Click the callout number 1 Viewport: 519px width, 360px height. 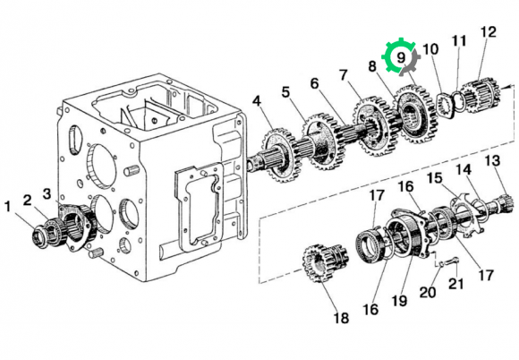click(x=8, y=209)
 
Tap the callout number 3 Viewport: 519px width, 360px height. click(x=47, y=194)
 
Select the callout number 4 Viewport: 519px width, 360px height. click(x=257, y=102)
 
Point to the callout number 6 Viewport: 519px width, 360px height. click(x=314, y=83)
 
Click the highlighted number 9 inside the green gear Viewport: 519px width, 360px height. click(x=401, y=57)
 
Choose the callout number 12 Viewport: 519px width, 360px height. click(x=489, y=32)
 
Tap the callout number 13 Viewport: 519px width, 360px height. click(x=492, y=160)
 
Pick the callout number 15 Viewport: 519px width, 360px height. click(x=434, y=178)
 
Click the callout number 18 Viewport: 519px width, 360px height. click(x=341, y=318)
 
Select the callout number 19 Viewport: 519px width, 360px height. click(x=399, y=301)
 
